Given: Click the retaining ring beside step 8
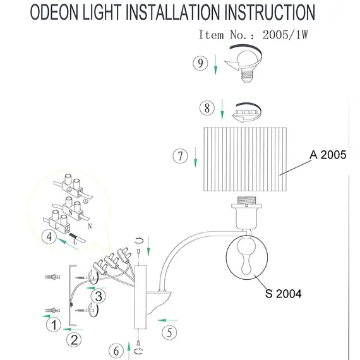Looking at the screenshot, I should click(246, 112).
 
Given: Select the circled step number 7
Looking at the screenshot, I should click(181, 155).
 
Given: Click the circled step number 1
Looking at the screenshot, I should click(55, 326).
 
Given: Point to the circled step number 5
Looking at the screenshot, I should click(168, 331).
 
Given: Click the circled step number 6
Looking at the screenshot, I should click(116, 349).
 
